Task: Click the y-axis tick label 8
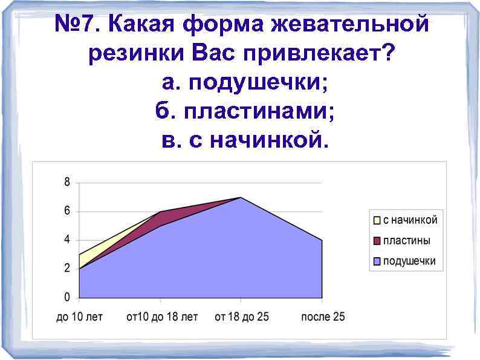point(67,182)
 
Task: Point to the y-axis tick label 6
point(67,211)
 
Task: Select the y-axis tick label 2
point(67,269)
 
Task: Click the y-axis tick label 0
point(67,298)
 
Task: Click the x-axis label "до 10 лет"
point(79,318)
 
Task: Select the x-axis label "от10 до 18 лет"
point(162,318)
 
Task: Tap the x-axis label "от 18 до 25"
point(242,318)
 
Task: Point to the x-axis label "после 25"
point(323,318)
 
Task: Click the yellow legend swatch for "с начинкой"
point(377,220)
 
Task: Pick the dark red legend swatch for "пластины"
point(377,241)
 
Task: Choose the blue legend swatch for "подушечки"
point(377,261)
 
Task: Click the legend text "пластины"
point(406,241)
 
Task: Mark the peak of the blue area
point(241,198)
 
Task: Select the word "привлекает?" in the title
point(319,54)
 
